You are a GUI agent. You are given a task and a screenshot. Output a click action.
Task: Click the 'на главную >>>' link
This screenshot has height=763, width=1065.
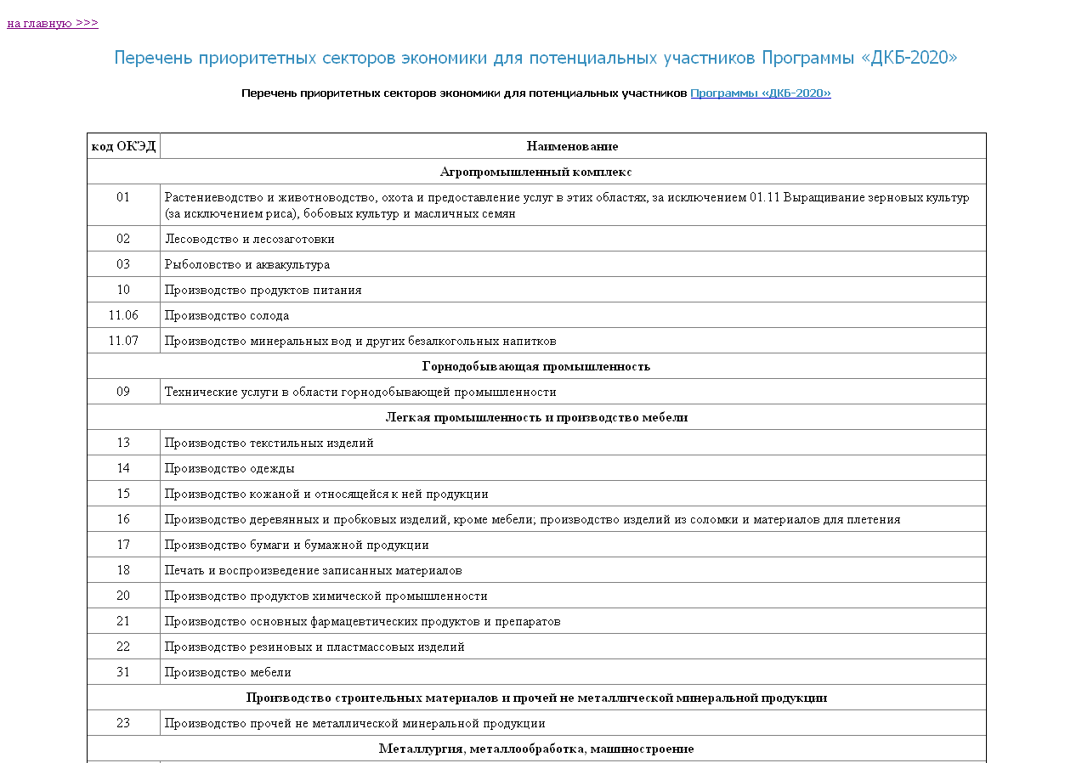53,23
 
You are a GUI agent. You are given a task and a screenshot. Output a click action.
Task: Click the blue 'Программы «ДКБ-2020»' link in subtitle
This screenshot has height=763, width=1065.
760,93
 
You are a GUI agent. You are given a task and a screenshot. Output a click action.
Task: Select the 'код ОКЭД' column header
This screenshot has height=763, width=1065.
123,146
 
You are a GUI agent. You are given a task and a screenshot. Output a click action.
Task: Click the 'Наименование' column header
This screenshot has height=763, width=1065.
572,146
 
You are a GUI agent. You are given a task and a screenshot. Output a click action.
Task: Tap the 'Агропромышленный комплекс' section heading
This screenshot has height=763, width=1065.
535,172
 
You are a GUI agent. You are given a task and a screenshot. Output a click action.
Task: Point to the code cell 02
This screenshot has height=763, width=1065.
123,239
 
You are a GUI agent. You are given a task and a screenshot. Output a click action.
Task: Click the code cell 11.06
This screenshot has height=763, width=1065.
123,315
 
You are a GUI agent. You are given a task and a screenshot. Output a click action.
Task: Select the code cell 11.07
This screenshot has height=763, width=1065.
123,341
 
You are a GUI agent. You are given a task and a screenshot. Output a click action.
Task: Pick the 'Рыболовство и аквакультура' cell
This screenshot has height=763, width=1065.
247,264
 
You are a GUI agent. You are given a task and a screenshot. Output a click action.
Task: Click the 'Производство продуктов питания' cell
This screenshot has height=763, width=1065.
263,290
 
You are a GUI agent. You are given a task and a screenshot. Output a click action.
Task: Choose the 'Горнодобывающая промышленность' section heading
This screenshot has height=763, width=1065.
535,366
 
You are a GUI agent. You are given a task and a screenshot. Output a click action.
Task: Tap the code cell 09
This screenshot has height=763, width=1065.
123,392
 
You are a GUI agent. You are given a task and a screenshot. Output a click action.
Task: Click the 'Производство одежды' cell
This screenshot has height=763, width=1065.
229,468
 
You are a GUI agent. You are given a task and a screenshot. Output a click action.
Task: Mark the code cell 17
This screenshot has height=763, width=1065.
123,545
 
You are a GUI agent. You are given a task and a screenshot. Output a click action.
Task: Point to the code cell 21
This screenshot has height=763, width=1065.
123,621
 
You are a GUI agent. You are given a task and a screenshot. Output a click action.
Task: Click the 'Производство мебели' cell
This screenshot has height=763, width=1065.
228,672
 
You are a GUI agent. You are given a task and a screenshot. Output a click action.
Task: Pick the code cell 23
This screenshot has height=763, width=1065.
123,723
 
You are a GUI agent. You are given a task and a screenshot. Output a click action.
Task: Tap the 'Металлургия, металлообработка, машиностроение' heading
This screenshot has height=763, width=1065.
535,749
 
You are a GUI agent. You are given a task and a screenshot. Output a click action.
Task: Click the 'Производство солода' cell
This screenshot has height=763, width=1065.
227,315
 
